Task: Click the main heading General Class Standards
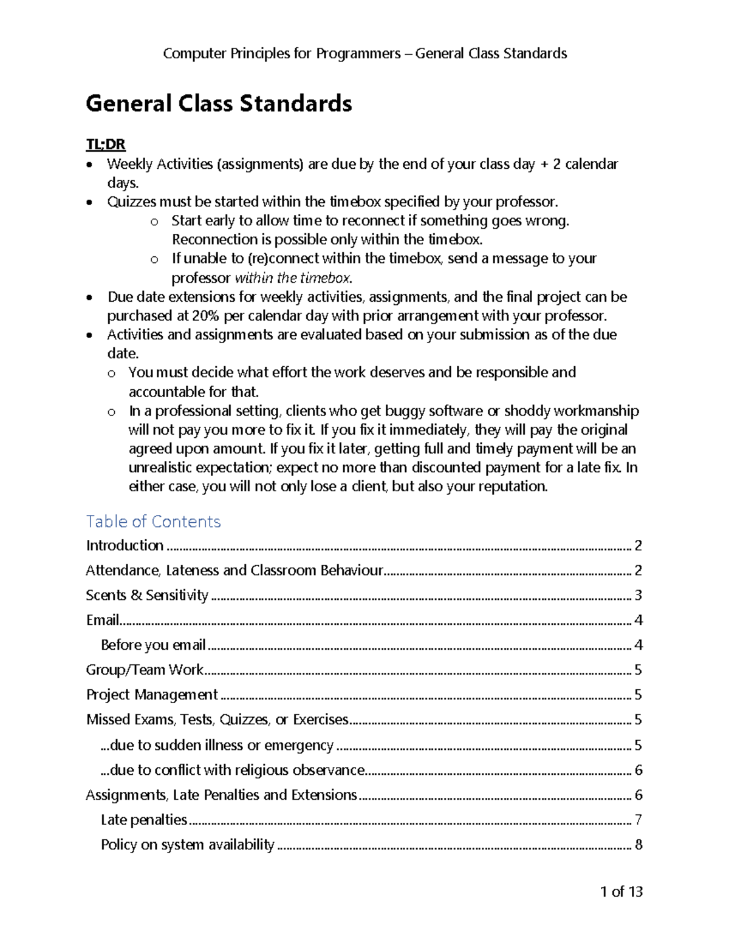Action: tap(219, 104)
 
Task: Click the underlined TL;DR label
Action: tap(105, 145)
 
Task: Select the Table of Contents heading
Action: tap(153, 522)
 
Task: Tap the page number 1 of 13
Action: tap(621, 891)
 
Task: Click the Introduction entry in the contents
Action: tap(125, 545)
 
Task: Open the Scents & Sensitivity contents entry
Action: tap(147, 595)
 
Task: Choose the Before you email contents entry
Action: tap(153, 645)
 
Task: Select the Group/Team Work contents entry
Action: tap(145, 670)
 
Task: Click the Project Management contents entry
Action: tap(152, 695)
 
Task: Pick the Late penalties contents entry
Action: tap(144, 820)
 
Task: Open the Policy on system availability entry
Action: tap(188, 845)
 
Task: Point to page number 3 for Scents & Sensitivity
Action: tap(638, 595)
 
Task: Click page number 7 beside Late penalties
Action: tap(638, 820)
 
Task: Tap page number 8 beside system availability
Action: tap(638, 845)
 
